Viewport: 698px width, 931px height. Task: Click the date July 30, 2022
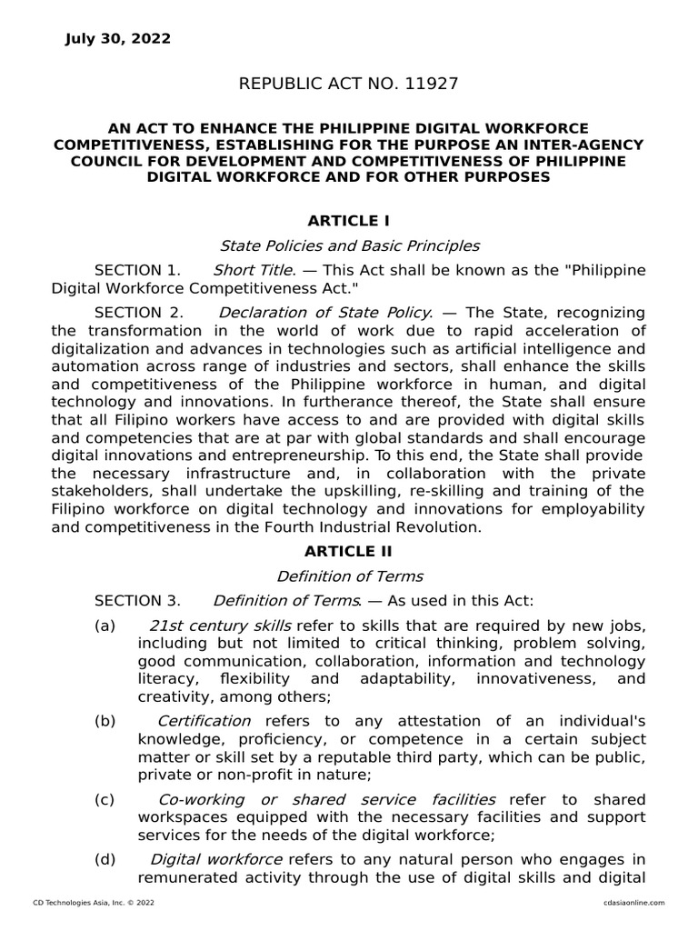117,39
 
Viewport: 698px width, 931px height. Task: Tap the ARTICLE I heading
349,221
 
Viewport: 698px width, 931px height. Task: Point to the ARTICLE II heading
349,552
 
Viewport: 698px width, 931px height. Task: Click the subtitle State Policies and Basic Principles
349,245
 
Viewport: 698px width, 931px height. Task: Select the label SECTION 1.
138,271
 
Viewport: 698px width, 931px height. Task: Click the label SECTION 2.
138,313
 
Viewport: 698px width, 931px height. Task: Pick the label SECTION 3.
138,601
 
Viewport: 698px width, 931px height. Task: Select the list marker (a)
105,626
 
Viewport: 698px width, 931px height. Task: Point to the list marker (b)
105,721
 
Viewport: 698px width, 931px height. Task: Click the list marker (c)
105,799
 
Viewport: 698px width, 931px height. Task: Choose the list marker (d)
105,859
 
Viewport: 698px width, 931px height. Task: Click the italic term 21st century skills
220,626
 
